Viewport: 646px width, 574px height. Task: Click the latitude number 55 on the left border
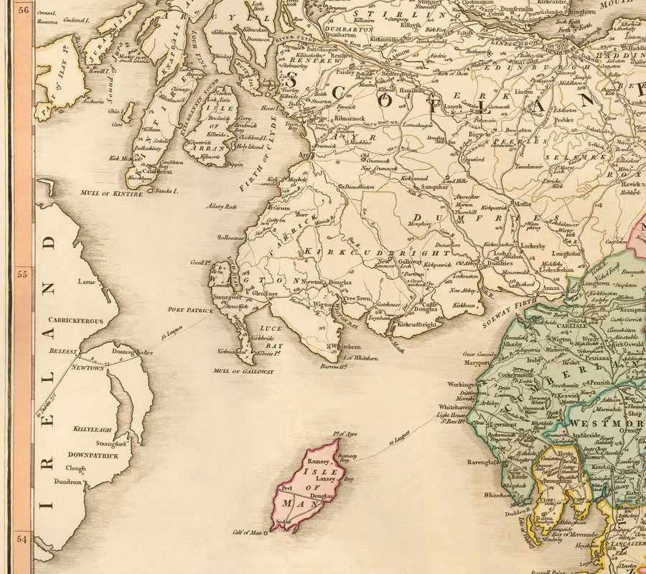coord(22,274)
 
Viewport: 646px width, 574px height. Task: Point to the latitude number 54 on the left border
coord(22,538)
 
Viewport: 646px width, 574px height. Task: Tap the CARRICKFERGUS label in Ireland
coord(72,320)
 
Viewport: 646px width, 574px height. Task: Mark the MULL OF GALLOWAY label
coord(243,372)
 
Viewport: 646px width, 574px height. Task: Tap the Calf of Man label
coord(247,532)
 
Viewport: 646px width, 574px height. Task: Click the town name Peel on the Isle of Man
coord(286,487)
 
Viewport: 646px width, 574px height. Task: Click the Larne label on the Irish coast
coord(87,282)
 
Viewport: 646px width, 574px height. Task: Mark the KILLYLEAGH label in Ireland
coord(91,428)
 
